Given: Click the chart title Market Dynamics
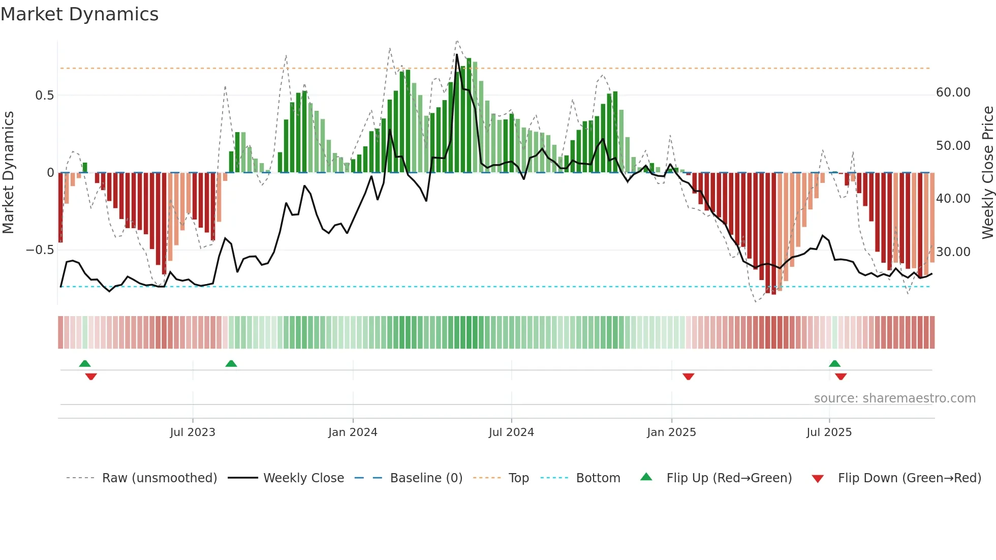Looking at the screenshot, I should [79, 14].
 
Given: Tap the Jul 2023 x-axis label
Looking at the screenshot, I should [193, 432].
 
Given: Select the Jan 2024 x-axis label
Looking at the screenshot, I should [353, 432].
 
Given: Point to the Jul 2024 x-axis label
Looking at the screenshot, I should [511, 432].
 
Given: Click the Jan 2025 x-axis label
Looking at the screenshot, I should [671, 432].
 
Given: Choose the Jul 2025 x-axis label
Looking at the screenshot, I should [829, 432].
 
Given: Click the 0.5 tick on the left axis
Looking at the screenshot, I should [44, 96].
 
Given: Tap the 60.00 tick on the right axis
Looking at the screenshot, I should [953, 92].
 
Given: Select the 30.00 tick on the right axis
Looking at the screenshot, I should [953, 252].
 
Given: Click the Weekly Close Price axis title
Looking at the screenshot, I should [987, 173].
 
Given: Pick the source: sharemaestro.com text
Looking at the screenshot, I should [894, 398].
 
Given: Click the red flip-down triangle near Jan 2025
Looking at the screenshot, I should [689, 377].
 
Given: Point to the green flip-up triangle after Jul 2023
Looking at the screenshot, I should [231, 363].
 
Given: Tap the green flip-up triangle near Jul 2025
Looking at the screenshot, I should [834, 363].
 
